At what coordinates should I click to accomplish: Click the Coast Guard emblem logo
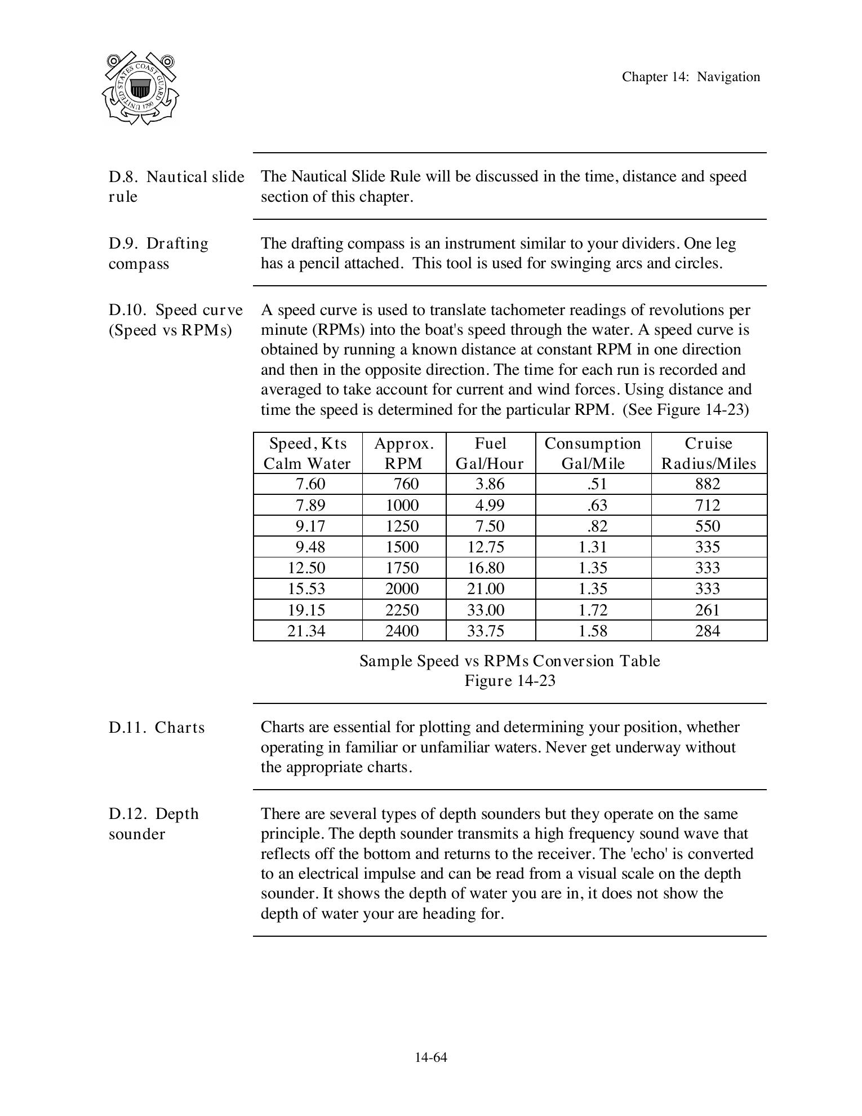point(140,88)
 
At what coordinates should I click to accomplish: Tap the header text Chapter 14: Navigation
point(690,77)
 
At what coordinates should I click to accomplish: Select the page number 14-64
point(431,1057)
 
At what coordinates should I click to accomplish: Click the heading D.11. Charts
point(157,727)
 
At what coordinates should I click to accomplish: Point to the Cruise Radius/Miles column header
point(708,453)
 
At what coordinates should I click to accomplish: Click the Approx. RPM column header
point(403,453)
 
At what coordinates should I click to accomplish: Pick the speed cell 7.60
point(310,484)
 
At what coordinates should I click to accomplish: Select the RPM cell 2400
point(402,631)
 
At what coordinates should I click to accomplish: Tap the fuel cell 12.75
point(486,547)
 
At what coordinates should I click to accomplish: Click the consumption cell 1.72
point(593,610)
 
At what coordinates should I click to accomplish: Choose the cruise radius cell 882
point(708,484)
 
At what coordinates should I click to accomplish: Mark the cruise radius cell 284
point(708,631)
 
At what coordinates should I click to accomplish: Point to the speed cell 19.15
point(306,610)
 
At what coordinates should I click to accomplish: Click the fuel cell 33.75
point(486,631)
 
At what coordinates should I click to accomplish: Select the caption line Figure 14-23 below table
point(510,681)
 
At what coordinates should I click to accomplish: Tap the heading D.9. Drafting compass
point(158,253)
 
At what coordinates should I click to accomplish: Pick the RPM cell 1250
point(402,526)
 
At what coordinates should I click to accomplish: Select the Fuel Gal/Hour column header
point(490,453)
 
